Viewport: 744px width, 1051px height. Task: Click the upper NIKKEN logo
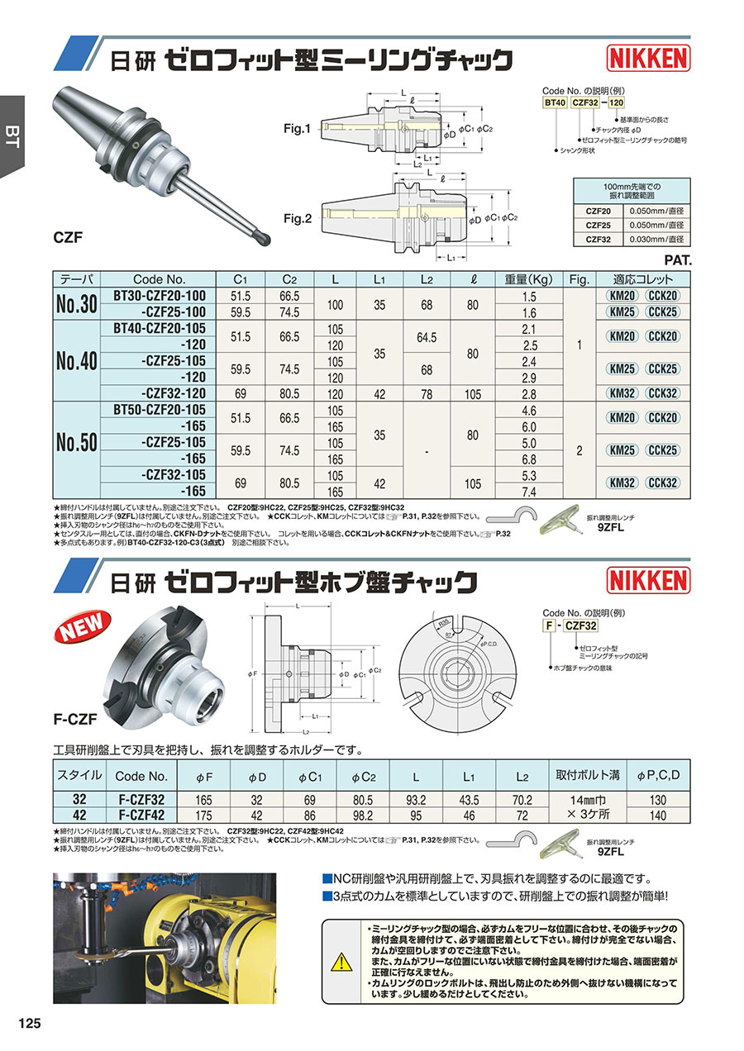point(648,58)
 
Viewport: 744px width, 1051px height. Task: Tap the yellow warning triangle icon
point(340,961)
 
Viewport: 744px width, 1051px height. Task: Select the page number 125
point(28,1023)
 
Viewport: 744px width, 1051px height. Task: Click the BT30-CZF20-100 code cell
point(159,296)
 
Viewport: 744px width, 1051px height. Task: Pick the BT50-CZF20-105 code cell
point(159,411)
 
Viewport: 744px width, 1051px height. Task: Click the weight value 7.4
point(529,492)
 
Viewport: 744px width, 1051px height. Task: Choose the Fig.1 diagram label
point(295,129)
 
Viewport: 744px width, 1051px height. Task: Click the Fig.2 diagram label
point(295,219)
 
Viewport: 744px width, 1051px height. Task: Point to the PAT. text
point(677,259)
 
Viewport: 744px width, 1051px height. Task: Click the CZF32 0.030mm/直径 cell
point(658,240)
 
